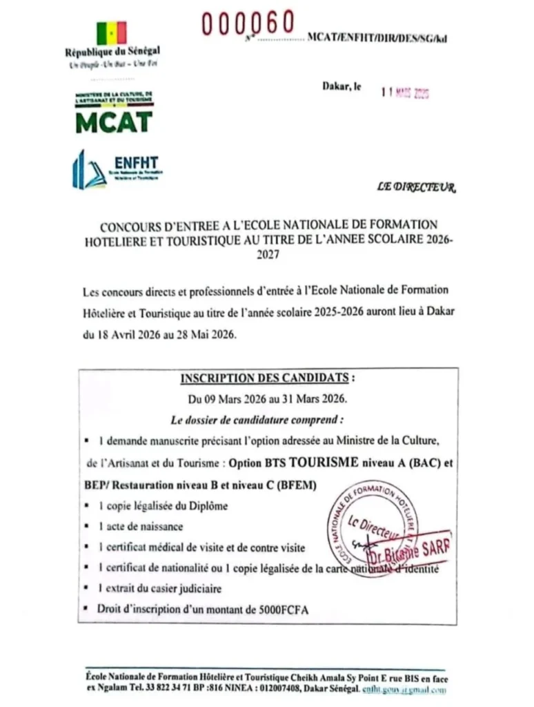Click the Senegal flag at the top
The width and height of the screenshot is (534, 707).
point(112,33)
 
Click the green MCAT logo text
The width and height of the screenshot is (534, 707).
point(114,122)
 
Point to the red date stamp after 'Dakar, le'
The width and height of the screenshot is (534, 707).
point(406,93)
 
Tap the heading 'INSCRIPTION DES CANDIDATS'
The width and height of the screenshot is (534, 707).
point(266,378)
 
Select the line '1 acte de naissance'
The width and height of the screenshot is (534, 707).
point(131,526)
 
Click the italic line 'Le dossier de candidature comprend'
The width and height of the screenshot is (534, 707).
point(257,419)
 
